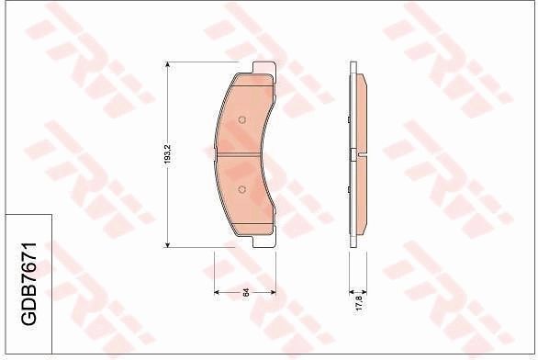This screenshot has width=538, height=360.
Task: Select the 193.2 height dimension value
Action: (x=166, y=153)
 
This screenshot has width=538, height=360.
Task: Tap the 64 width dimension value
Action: (x=246, y=292)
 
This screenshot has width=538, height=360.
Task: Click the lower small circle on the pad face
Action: (x=241, y=190)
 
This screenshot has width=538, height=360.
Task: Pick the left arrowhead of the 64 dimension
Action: (x=218, y=292)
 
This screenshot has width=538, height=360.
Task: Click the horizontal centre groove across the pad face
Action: (x=243, y=154)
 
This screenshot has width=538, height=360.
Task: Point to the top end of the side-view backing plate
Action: (x=353, y=66)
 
